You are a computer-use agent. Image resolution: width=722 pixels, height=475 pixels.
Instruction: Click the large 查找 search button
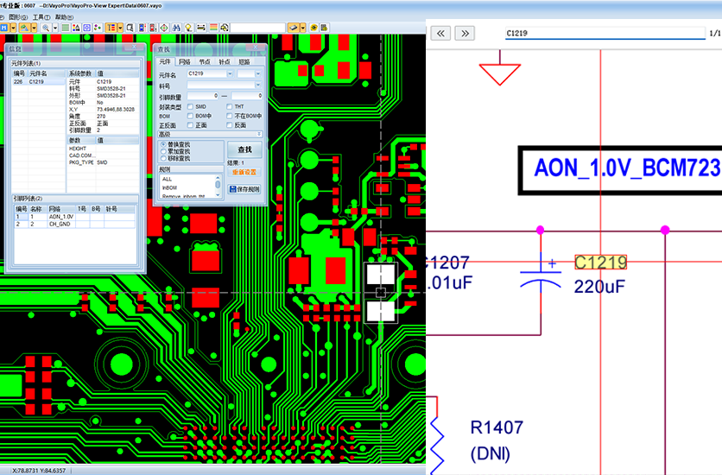click(x=244, y=149)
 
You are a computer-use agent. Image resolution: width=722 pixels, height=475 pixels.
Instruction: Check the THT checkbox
click(x=230, y=106)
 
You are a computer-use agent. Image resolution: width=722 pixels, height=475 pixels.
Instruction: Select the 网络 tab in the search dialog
click(x=184, y=62)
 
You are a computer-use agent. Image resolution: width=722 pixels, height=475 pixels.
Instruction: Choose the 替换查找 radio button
click(x=164, y=143)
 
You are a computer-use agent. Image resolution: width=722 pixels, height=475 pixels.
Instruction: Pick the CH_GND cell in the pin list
click(x=60, y=224)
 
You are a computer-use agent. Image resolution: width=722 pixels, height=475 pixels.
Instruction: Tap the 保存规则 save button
click(x=244, y=188)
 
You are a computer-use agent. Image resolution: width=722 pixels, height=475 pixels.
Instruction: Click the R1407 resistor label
click(x=497, y=427)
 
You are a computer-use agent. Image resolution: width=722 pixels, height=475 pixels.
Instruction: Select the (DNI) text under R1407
click(x=490, y=453)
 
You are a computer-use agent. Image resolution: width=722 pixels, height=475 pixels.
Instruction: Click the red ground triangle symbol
click(x=499, y=71)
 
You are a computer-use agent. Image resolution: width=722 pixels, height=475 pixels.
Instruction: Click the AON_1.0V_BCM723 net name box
click(x=618, y=168)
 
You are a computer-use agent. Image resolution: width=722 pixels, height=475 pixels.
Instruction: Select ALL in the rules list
click(x=168, y=179)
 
